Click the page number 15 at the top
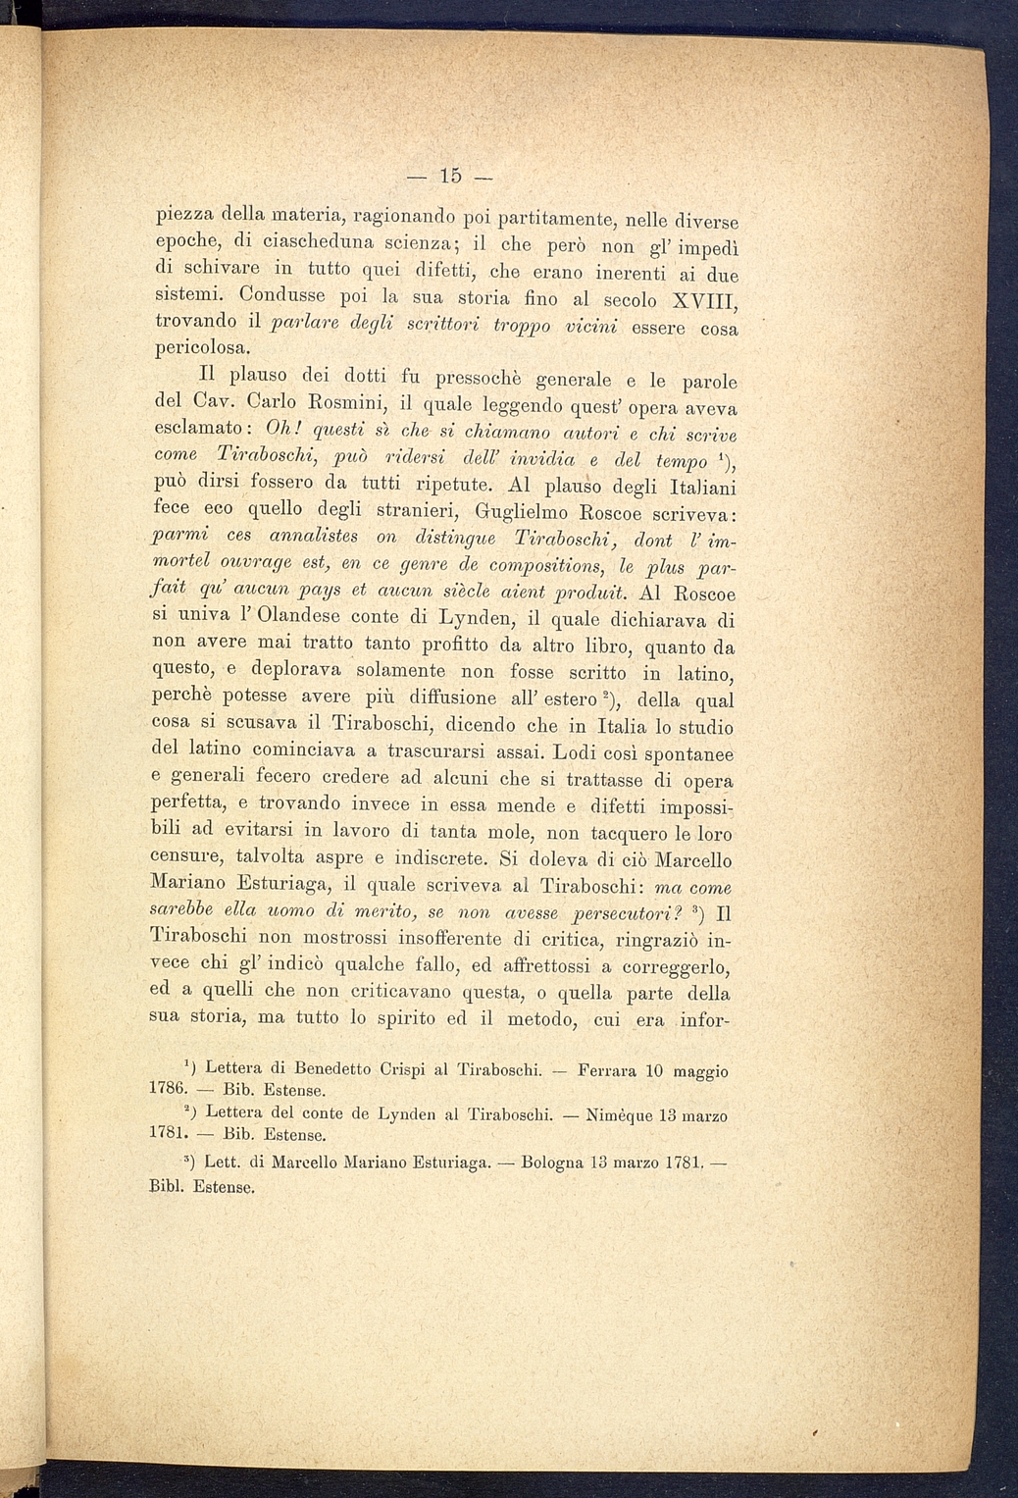point(450,177)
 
